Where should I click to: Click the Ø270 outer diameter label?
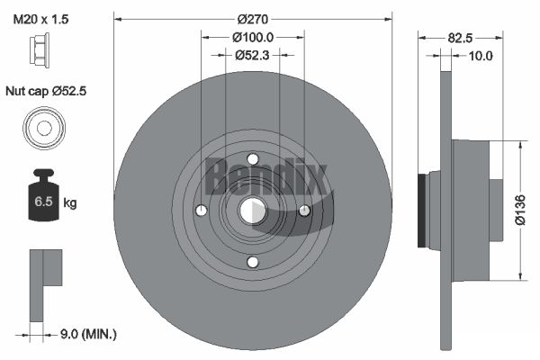pos(252,19)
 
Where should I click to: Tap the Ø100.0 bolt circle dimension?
pos(253,37)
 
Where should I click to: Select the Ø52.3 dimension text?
pos(252,55)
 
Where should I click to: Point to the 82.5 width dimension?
pos(460,38)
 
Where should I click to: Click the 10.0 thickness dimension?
pos(481,56)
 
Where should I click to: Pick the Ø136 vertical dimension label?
pos(520,210)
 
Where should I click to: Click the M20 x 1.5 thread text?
pos(40,19)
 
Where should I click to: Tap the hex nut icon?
pos(40,48)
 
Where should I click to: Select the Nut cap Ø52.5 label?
pos(46,91)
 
